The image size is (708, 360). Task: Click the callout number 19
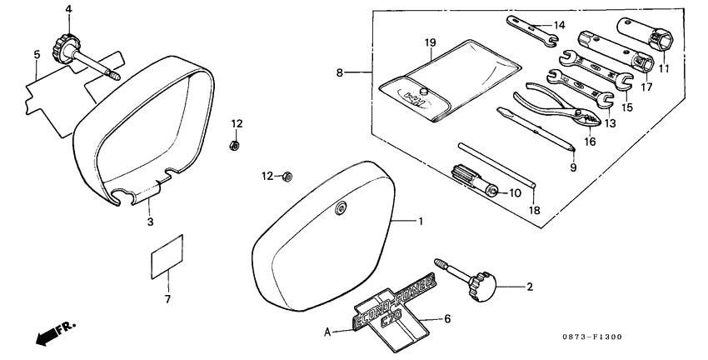pyautogui.click(x=431, y=42)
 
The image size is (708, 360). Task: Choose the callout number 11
pyautogui.click(x=664, y=68)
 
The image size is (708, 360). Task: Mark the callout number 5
pyautogui.click(x=37, y=56)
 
